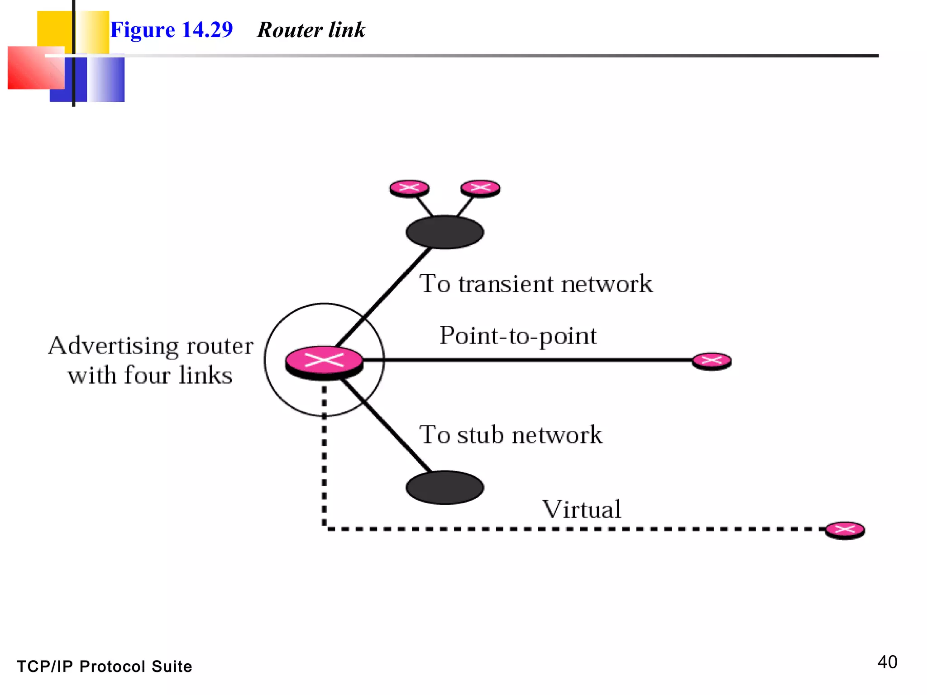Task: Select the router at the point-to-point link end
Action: (712, 361)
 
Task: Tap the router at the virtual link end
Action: (845, 530)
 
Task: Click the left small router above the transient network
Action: (409, 188)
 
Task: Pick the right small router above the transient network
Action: (480, 188)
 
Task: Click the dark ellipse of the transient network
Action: (444, 232)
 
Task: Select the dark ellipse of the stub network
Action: (444, 487)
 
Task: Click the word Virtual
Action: (582, 509)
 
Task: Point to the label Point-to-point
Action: (518, 336)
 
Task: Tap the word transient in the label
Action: (506, 284)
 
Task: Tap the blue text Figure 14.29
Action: (172, 30)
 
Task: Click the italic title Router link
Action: (311, 30)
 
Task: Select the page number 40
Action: (887, 662)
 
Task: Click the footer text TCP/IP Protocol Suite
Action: (105, 666)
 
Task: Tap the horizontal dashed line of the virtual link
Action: (566, 528)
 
